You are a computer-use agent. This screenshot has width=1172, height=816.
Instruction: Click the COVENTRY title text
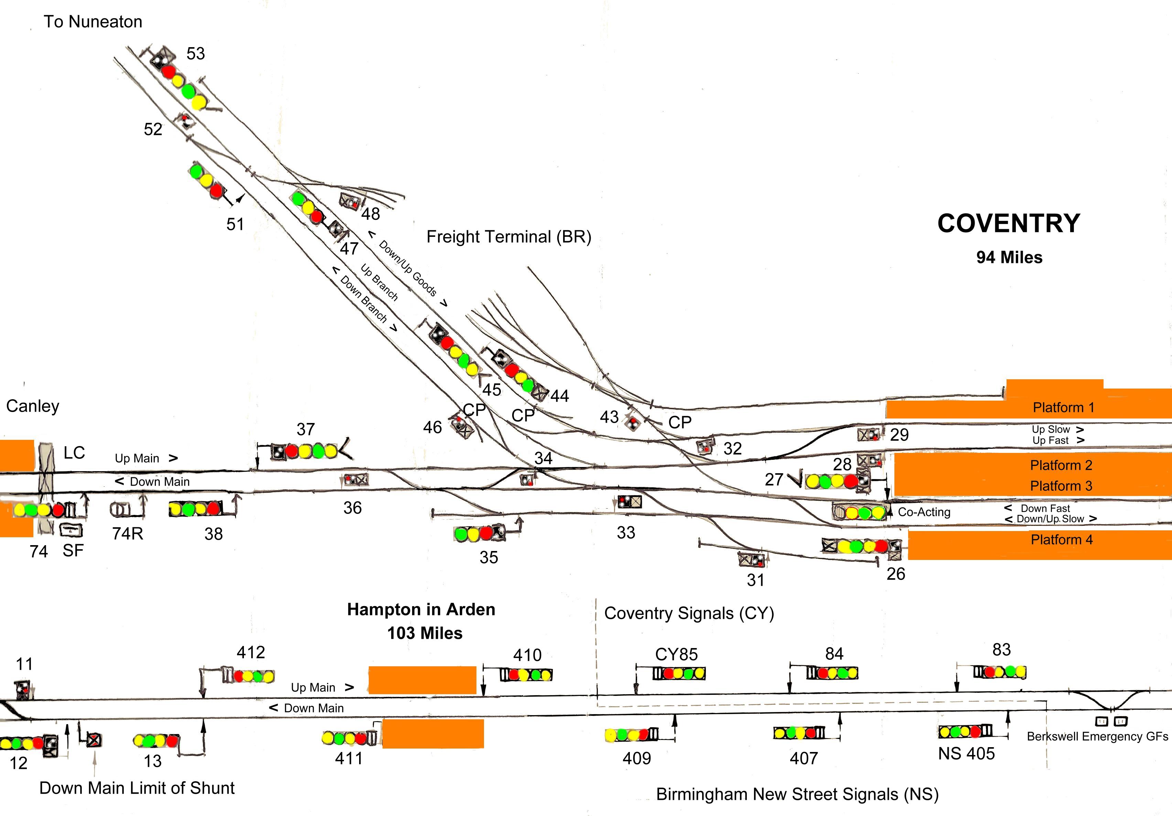coord(1009,223)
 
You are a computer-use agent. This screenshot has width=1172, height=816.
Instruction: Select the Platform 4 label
coord(1062,540)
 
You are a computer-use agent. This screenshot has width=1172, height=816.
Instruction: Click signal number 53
coord(195,54)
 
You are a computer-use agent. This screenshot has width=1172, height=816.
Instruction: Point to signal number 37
coord(306,430)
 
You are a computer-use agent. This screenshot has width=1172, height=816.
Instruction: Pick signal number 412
coord(251,653)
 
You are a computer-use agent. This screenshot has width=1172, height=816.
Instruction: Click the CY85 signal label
coord(676,655)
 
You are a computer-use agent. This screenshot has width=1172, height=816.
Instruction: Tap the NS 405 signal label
coord(966,754)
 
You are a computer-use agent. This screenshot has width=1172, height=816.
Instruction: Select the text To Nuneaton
coord(93,21)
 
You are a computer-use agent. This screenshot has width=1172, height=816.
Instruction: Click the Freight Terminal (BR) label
coord(509,237)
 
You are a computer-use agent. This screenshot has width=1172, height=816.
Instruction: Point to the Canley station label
coord(33,406)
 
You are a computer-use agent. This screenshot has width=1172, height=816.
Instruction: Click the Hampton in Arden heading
coord(421,610)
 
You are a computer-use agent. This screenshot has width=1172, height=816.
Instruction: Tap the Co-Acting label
coord(924,512)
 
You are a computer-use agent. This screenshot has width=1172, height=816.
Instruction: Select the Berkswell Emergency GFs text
coord(1097,736)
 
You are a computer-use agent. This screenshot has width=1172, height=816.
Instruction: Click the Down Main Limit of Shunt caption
coord(137,788)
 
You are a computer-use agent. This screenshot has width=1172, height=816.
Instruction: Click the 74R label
coord(128,533)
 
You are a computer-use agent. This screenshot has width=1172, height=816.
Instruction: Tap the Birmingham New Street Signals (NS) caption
coord(797,795)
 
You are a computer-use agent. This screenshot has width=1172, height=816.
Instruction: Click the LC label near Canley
coord(74,453)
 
